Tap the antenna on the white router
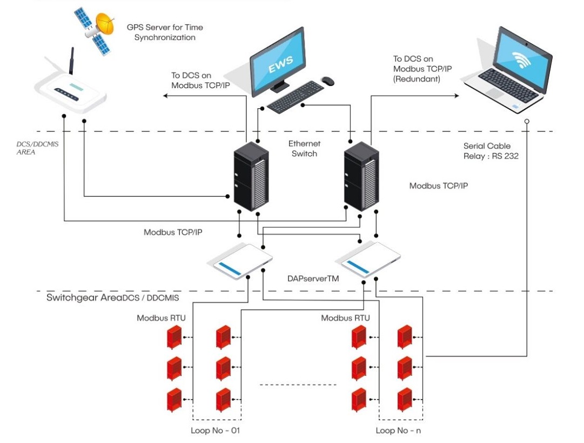point(71,60)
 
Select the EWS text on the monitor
point(281,63)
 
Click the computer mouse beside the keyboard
point(327,81)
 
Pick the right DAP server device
point(368,262)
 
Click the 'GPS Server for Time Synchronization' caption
point(165,32)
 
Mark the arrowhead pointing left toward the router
point(166,96)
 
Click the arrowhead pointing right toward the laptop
point(456,96)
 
